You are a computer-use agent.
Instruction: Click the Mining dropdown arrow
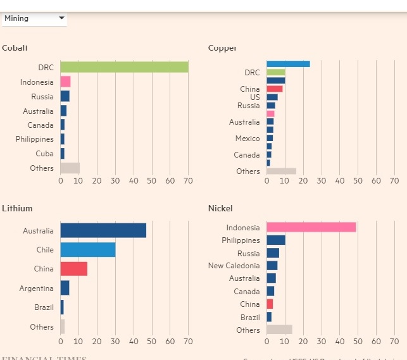tap(61, 18)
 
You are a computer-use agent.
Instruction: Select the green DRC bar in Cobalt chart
tap(124, 67)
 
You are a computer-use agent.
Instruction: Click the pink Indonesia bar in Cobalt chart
tap(65, 82)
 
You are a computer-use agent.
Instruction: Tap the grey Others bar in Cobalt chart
tap(70, 168)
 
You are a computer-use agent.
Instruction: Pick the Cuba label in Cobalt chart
tap(44, 154)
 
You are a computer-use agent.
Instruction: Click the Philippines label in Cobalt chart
tap(35, 139)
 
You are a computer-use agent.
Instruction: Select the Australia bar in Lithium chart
tap(103, 230)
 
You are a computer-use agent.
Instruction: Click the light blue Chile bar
tap(88, 250)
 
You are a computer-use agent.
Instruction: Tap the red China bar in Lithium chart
tap(74, 269)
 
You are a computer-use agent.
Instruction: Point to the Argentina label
tap(36, 289)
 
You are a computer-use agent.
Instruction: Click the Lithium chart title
tap(17, 208)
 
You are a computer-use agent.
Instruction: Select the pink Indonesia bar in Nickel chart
tap(311, 227)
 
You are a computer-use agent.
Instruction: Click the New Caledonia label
tap(234, 266)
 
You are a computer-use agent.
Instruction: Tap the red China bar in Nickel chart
tap(270, 304)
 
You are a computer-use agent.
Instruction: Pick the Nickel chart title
tap(220, 208)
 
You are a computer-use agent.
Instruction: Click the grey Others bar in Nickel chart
tap(279, 330)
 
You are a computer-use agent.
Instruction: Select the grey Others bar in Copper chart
tap(281, 171)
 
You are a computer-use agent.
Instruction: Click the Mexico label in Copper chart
tap(247, 139)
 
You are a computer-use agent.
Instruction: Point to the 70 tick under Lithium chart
tap(188, 342)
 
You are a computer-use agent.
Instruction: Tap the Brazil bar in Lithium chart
tap(62, 307)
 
